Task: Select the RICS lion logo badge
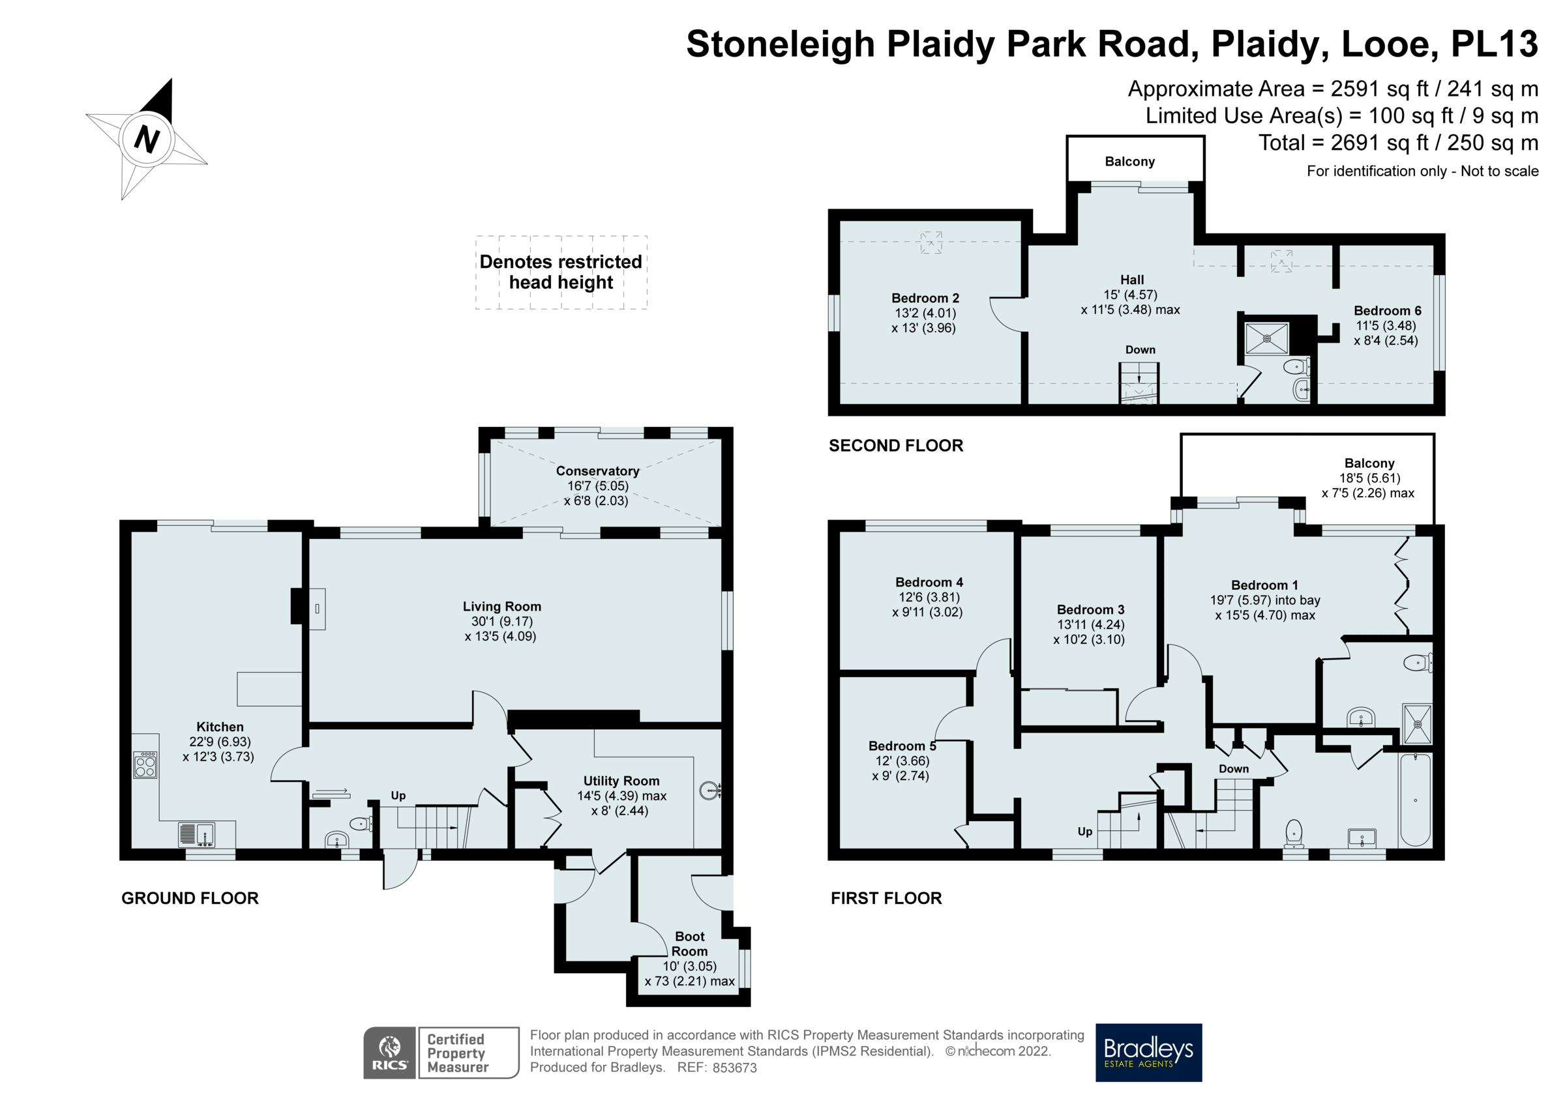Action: pos(389,1052)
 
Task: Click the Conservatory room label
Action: pos(597,471)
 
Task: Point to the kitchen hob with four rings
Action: pos(145,764)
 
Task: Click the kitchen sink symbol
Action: pos(197,834)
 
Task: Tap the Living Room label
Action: pos(501,607)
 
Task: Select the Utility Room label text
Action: pos(621,781)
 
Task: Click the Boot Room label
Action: pos(689,944)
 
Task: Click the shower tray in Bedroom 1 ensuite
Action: pos(1417,723)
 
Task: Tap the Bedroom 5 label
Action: pos(902,746)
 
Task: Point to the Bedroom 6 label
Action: pos(1387,311)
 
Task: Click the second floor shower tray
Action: pos(1266,339)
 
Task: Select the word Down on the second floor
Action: pos(1140,349)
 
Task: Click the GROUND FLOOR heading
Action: pos(190,898)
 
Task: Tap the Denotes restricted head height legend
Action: pos(560,272)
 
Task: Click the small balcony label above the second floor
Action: pos(1129,162)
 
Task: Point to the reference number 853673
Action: pos(734,1068)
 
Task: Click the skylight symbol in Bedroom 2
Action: pos(931,242)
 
